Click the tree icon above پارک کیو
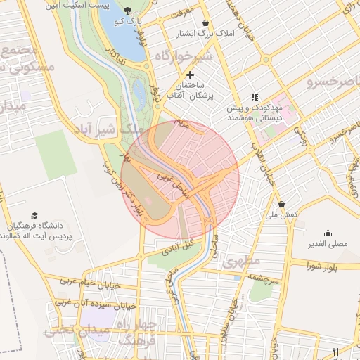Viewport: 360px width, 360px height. [127, 11]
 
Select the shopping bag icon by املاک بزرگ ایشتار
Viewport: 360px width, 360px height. [205, 23]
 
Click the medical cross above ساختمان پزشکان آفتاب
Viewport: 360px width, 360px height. [190, 75]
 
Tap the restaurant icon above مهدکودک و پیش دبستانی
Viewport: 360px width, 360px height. [255, 97]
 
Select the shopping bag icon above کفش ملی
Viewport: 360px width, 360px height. [282, 204]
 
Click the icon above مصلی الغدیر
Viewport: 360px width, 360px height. [328, 233]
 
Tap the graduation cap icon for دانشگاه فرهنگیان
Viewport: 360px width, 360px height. [34, 215]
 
